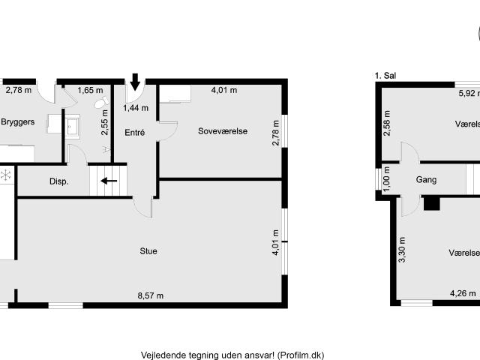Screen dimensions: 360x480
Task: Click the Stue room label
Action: coord(148,250)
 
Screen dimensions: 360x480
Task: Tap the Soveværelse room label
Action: coord(223,131)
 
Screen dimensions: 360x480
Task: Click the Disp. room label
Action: coord(59,181)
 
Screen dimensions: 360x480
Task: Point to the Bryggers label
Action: coord(19,121)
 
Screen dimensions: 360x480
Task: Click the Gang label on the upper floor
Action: coord(426,180)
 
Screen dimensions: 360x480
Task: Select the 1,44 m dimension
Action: coord(136,108)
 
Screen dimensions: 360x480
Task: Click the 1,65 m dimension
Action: coord(90,91)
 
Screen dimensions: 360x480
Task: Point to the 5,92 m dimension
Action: coord(469,94)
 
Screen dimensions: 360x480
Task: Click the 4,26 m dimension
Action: coord(462,293)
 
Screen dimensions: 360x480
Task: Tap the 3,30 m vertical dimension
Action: coord(401,250)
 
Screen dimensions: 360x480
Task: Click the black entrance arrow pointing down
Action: coord(135,80)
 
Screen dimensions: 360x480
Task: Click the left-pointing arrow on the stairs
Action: coord(109,180)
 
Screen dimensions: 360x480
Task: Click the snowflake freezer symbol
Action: coord(5,175)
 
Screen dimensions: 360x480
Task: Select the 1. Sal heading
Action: coord(385,75)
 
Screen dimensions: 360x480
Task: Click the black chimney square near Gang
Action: coord(431,201)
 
